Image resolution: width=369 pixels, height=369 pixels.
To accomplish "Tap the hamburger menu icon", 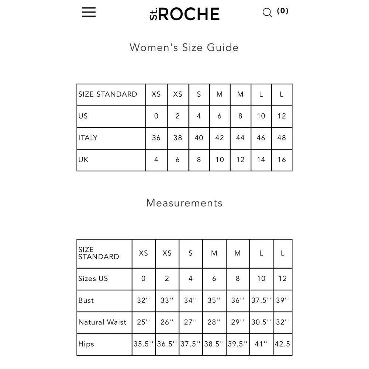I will tap(89, 12).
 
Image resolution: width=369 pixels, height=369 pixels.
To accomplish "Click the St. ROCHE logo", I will tap(184, 14).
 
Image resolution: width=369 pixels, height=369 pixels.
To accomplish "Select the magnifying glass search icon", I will tap(267, 13).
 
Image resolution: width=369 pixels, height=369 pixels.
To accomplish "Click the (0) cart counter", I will tap(283, 11).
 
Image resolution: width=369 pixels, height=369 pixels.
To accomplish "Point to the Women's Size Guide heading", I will tap(184, 47).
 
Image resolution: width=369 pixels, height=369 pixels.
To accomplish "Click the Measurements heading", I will tap(184, 203).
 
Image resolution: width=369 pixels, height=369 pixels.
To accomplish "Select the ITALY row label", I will tap(88, 138).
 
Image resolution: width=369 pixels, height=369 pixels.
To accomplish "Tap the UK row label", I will tap(83, 160).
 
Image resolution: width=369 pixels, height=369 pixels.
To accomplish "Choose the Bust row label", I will tap(86, 300).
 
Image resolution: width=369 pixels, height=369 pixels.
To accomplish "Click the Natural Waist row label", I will tap(102, 322).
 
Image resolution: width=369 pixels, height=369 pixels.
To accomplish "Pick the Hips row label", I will tap(86, 344).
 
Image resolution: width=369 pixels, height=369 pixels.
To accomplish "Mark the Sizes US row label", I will tap(93, 279).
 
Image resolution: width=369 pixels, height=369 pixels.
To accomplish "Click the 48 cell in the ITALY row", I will tap(282, 138).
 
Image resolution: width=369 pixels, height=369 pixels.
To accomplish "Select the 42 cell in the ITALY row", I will tap(220, 138).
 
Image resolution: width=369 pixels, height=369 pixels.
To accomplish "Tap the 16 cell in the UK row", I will tap(282, 160).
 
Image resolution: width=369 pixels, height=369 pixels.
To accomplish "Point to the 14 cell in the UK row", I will tap(261, 160).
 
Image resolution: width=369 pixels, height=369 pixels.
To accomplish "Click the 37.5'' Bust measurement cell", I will tap(261, 300).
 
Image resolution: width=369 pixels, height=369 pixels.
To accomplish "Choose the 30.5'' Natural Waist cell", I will tap(261, 322).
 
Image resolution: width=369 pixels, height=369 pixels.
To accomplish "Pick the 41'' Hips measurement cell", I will tap(261, 344).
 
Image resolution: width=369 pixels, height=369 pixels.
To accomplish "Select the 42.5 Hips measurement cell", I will tap(282, 344).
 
